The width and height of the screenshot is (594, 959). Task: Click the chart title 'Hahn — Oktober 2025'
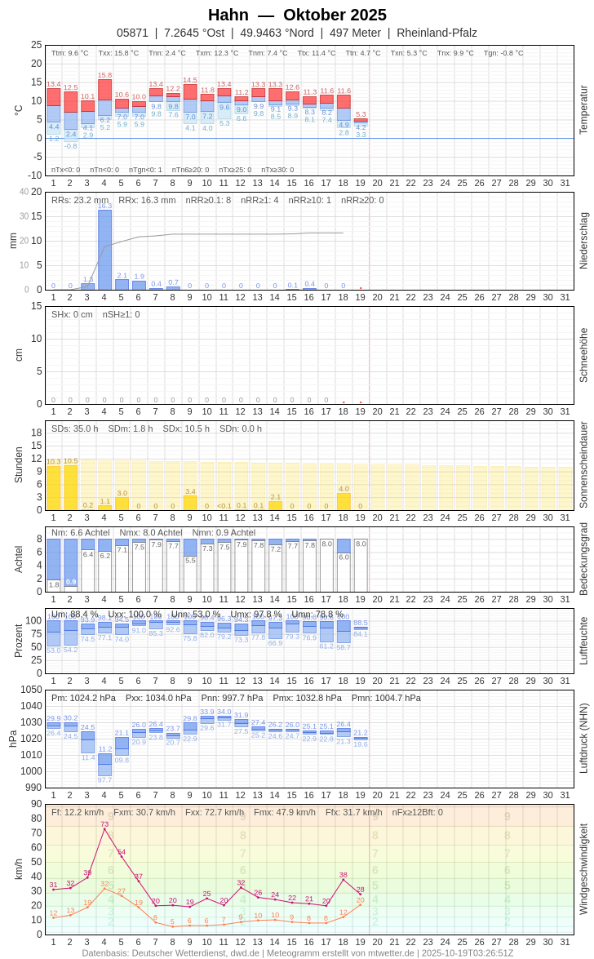(297, 15)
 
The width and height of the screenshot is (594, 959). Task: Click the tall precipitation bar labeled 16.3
(104, 249)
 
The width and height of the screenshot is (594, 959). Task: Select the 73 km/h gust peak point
(104, 830)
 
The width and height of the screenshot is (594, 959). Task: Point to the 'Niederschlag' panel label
(583, 241)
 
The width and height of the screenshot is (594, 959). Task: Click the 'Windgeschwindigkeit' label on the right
(583, 868)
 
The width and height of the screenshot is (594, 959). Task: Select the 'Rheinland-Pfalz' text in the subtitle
(437, 33)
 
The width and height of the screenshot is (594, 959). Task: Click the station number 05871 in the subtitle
(132, 33)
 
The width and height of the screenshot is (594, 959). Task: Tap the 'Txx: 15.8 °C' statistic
(118, 53)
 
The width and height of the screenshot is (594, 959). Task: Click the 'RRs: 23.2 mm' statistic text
(80, 200)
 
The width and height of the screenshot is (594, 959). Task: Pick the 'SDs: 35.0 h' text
(74, 428)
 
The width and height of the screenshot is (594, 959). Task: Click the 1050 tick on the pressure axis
(31, 690)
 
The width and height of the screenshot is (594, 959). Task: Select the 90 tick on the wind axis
(36, 804)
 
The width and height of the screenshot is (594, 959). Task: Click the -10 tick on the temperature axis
(34, 175)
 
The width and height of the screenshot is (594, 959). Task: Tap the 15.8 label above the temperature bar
(104, 75)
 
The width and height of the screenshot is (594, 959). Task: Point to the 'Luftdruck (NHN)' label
(583, 739)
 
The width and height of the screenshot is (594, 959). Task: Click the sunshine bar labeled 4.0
(344, 501)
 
